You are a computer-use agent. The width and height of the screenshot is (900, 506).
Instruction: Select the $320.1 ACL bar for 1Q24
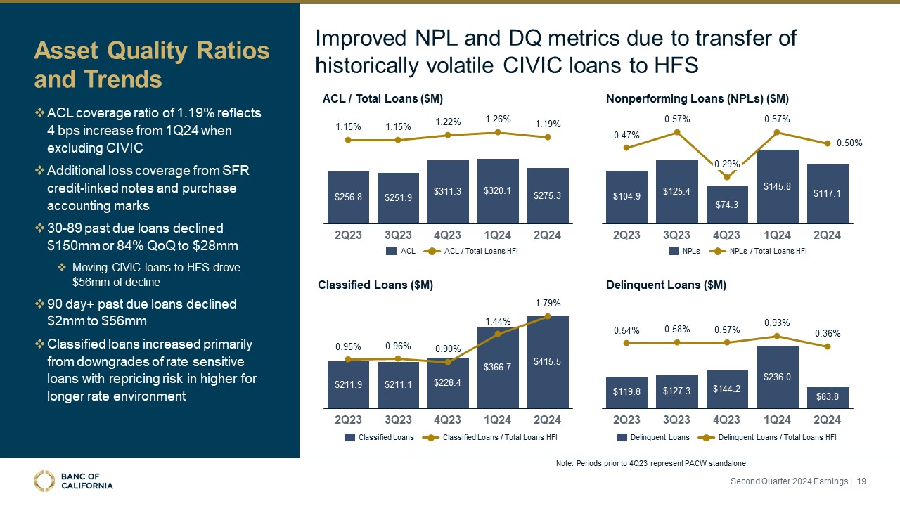pos(498,190)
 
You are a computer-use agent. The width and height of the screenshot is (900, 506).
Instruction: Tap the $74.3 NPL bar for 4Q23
pos(726,203)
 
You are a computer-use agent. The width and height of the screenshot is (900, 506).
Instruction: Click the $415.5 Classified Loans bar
pos(548,361)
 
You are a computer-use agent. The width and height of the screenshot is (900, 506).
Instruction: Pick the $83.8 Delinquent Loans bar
pos(828,397)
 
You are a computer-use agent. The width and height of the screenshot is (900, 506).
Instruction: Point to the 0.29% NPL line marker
pos(726,178)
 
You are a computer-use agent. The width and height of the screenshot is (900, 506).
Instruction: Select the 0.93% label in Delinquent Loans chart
pos(777,323)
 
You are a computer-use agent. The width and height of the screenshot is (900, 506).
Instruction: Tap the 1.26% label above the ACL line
pos(497,119)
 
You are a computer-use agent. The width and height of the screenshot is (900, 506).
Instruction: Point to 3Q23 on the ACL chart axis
pos(398,235)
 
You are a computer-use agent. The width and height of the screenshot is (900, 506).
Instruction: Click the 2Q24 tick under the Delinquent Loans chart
pos(827,420)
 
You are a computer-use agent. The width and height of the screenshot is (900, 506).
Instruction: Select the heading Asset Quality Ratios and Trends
pos(152,65)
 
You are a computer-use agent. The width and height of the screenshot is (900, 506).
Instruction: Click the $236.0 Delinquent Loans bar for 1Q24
pos(777,377)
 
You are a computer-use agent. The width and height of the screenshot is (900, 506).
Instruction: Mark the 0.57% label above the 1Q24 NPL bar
pos(777,119)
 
